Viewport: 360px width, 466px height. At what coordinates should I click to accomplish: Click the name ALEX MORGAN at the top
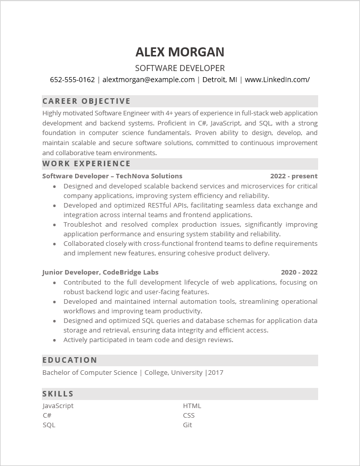tap(180, 52)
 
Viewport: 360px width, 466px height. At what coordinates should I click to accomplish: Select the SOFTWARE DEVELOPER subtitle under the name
tap(180, 68)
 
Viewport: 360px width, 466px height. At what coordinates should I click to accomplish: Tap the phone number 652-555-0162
tap(72, 80)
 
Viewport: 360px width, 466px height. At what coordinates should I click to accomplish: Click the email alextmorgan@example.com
tap(149, 80)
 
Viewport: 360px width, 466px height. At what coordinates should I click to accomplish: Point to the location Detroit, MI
tap(219, 80)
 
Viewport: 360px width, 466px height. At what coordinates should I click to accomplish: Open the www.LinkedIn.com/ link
tap(277, 80)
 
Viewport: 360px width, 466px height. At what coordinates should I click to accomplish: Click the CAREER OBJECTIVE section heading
tap(86, 101)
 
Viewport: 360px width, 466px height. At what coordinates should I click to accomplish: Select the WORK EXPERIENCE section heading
tap(86, 164)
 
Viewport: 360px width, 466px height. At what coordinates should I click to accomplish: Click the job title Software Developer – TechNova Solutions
tap(112, 176)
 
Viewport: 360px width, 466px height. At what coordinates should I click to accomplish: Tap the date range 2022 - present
tap(293, 176)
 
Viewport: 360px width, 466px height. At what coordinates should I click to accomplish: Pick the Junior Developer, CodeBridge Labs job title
tap(100, 272)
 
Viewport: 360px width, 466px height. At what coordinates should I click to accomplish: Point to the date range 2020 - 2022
tap(299, 272)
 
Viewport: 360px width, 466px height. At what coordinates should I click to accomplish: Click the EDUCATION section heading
tap(70, 360)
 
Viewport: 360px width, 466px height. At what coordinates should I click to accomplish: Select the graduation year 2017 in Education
tap(215, 372)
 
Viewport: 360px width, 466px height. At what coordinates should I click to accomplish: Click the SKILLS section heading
tap(58, 394)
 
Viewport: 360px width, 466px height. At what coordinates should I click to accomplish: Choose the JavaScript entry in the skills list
tap(58, 406)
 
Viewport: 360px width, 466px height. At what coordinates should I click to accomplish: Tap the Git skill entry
tap(188, 425)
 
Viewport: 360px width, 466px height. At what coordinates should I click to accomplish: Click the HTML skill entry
tap(192, 406)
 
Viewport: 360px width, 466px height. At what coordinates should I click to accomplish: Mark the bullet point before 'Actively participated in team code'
tap(54, 340)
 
